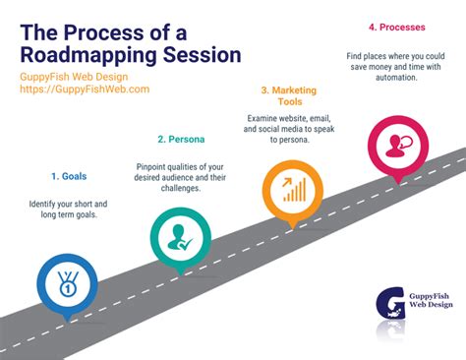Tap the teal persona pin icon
[x=180, y=237]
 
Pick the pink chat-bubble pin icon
[x=399, y=145]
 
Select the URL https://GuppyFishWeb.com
[x=85, y=89]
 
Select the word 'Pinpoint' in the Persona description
[x=154, y=166]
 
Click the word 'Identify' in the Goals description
[x=48, y=203]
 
